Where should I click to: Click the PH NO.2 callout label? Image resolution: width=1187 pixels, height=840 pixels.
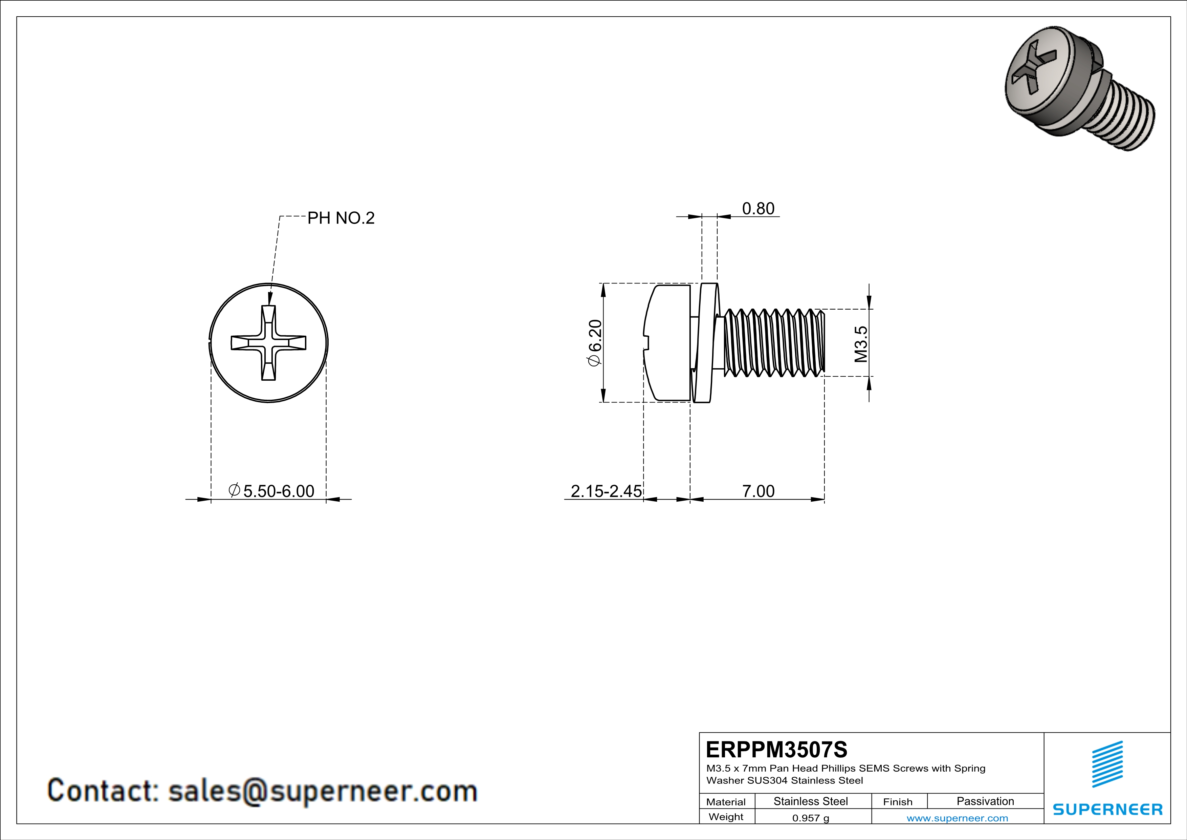(x=341, y=218)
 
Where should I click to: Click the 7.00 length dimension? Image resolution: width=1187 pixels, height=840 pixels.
(x=758, y=491)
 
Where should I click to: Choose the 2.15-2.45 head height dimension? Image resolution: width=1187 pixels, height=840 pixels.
(x=606, y=491)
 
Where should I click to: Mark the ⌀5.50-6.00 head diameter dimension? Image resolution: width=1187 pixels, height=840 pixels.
(x=271, y=491)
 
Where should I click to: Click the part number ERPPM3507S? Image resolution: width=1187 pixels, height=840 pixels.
(x=776, y=750)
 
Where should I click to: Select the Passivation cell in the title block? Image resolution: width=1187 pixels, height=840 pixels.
(x=985, y=801)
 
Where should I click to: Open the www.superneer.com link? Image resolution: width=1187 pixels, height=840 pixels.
(x=957, y=818)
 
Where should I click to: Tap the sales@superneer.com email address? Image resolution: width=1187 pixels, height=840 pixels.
(x=323, y=791)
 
